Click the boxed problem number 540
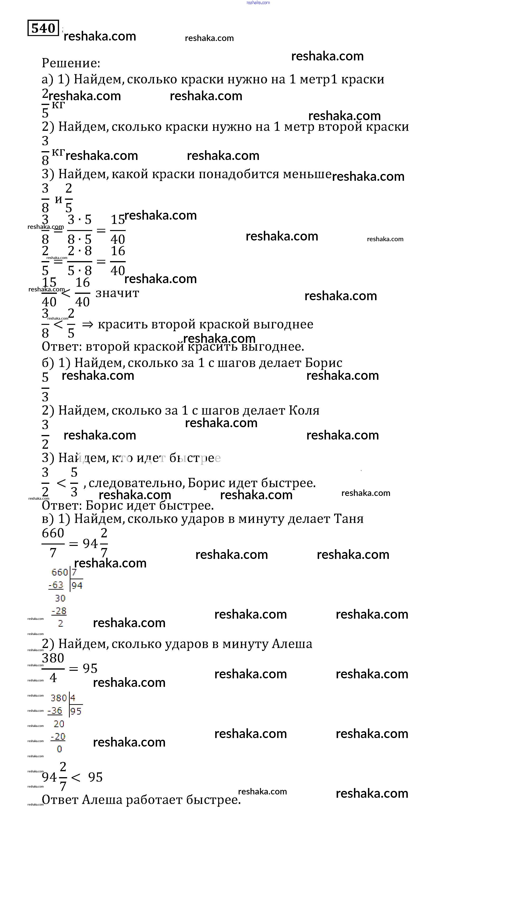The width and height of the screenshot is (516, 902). click(43, 28)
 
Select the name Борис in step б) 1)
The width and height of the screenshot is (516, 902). click(323, 363)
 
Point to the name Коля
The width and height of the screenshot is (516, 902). click(304, 410)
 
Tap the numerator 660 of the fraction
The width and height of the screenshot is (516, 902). click(53, 533)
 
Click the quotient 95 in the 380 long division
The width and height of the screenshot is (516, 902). click(76, 711)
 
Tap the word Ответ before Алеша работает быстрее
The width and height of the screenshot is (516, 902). click(60, 800)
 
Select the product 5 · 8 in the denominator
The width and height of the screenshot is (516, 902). click(80, 271)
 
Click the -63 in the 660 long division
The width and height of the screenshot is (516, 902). click(56, 585)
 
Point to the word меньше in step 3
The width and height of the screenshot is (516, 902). click(307, 174)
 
